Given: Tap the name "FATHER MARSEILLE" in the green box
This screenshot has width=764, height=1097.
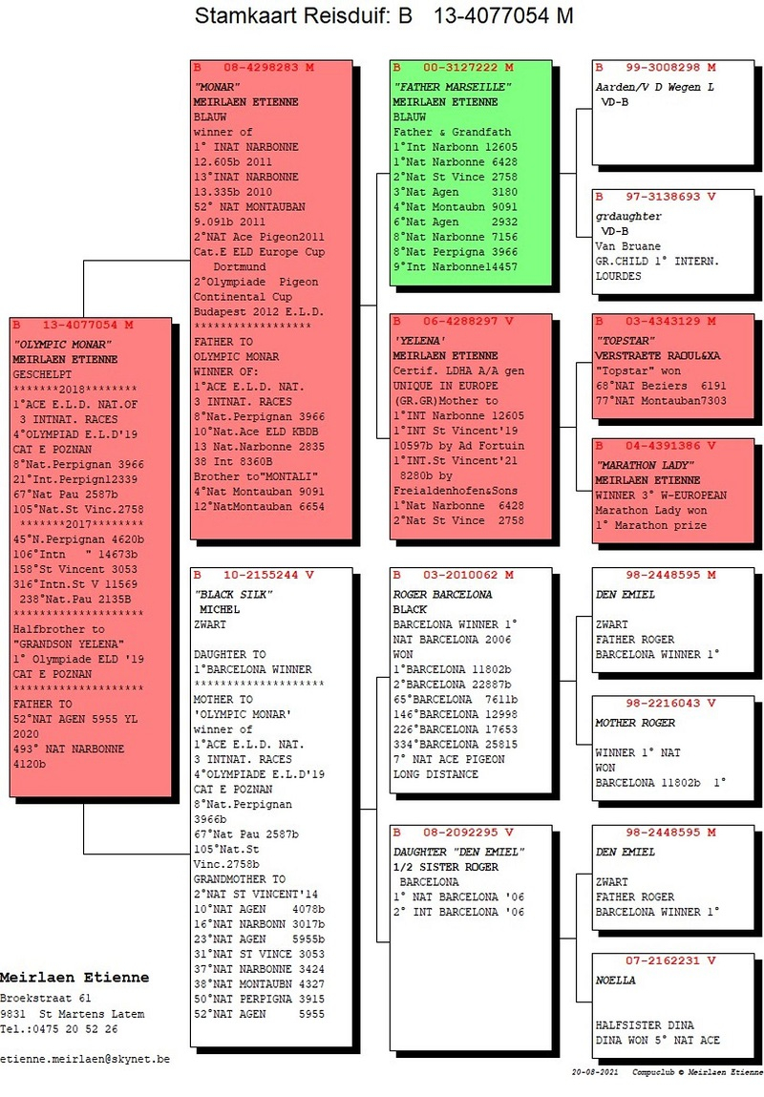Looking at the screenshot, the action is [452, 87].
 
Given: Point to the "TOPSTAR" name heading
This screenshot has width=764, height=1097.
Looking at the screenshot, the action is [625, 341].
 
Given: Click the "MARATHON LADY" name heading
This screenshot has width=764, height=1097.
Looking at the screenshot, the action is [645, 465].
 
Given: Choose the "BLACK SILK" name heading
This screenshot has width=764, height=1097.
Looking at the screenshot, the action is [233, 595].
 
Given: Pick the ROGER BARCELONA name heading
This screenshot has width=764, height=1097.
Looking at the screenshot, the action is [442, 595].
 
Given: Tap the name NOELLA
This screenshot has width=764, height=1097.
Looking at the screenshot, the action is [616, 981].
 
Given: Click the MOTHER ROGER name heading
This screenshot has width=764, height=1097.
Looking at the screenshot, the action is [635, 724].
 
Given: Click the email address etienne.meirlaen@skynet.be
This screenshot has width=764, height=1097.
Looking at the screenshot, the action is [85, 1059].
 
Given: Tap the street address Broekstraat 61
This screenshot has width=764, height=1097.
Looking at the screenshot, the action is [46, 999].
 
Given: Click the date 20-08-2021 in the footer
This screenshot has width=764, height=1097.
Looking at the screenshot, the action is [595, 1072].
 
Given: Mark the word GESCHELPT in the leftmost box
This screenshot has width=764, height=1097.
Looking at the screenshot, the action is [42, 375].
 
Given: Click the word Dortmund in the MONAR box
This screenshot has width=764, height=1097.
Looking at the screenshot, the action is [240, 267].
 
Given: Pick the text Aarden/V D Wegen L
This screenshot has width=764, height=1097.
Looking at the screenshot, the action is [655, 88].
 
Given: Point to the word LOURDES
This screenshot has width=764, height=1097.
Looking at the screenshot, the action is [619, 276].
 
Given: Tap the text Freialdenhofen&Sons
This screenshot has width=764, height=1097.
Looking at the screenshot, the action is [456, 491].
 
